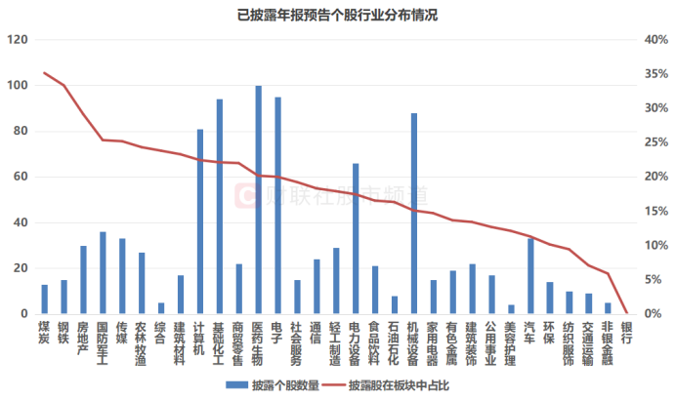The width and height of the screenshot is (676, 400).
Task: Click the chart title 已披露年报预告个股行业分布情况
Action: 338,14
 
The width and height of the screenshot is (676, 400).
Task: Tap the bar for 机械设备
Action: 414,214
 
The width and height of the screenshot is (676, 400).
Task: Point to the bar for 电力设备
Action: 356,239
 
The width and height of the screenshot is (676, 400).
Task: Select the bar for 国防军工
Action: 103,273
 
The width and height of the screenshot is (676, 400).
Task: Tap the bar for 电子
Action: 278,206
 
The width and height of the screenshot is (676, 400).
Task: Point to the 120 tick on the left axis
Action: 17,40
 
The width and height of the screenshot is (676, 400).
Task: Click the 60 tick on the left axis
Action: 20,177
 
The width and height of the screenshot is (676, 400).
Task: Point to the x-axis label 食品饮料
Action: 375,343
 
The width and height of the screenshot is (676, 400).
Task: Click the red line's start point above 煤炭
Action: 44,73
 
